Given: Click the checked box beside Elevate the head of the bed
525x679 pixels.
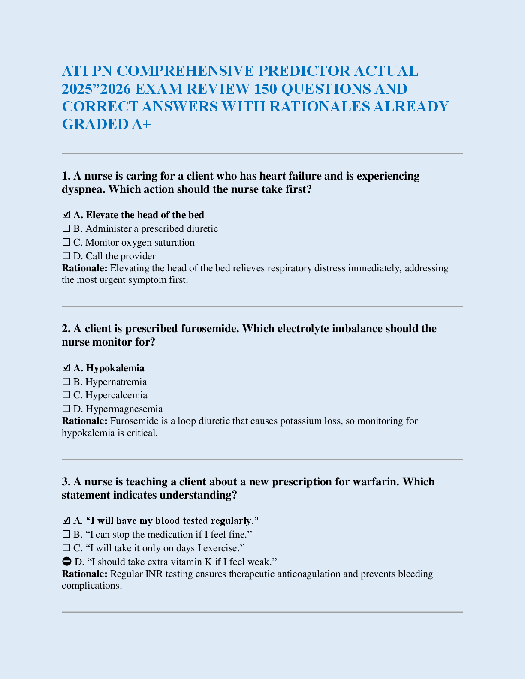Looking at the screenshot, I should click(66, 215).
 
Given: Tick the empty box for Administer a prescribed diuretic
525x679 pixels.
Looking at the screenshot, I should click(66, 228).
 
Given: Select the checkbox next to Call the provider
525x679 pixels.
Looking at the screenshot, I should click(66, 256).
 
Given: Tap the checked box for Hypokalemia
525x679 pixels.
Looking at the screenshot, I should click(66, 368).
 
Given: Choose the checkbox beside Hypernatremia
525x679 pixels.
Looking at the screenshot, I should click(66, 382).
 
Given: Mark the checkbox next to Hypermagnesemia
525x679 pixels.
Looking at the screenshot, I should click(66, 409).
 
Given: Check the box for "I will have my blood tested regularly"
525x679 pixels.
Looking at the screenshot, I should click(66, 520).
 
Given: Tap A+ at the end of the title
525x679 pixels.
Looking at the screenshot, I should click(142, 124).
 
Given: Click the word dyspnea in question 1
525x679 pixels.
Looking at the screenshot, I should click(83, 189).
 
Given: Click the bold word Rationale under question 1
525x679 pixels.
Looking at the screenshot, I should click(84, 268).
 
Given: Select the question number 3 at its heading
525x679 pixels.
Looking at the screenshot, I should click(66, 482).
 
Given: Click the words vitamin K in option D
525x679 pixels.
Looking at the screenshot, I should click(191, 562).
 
